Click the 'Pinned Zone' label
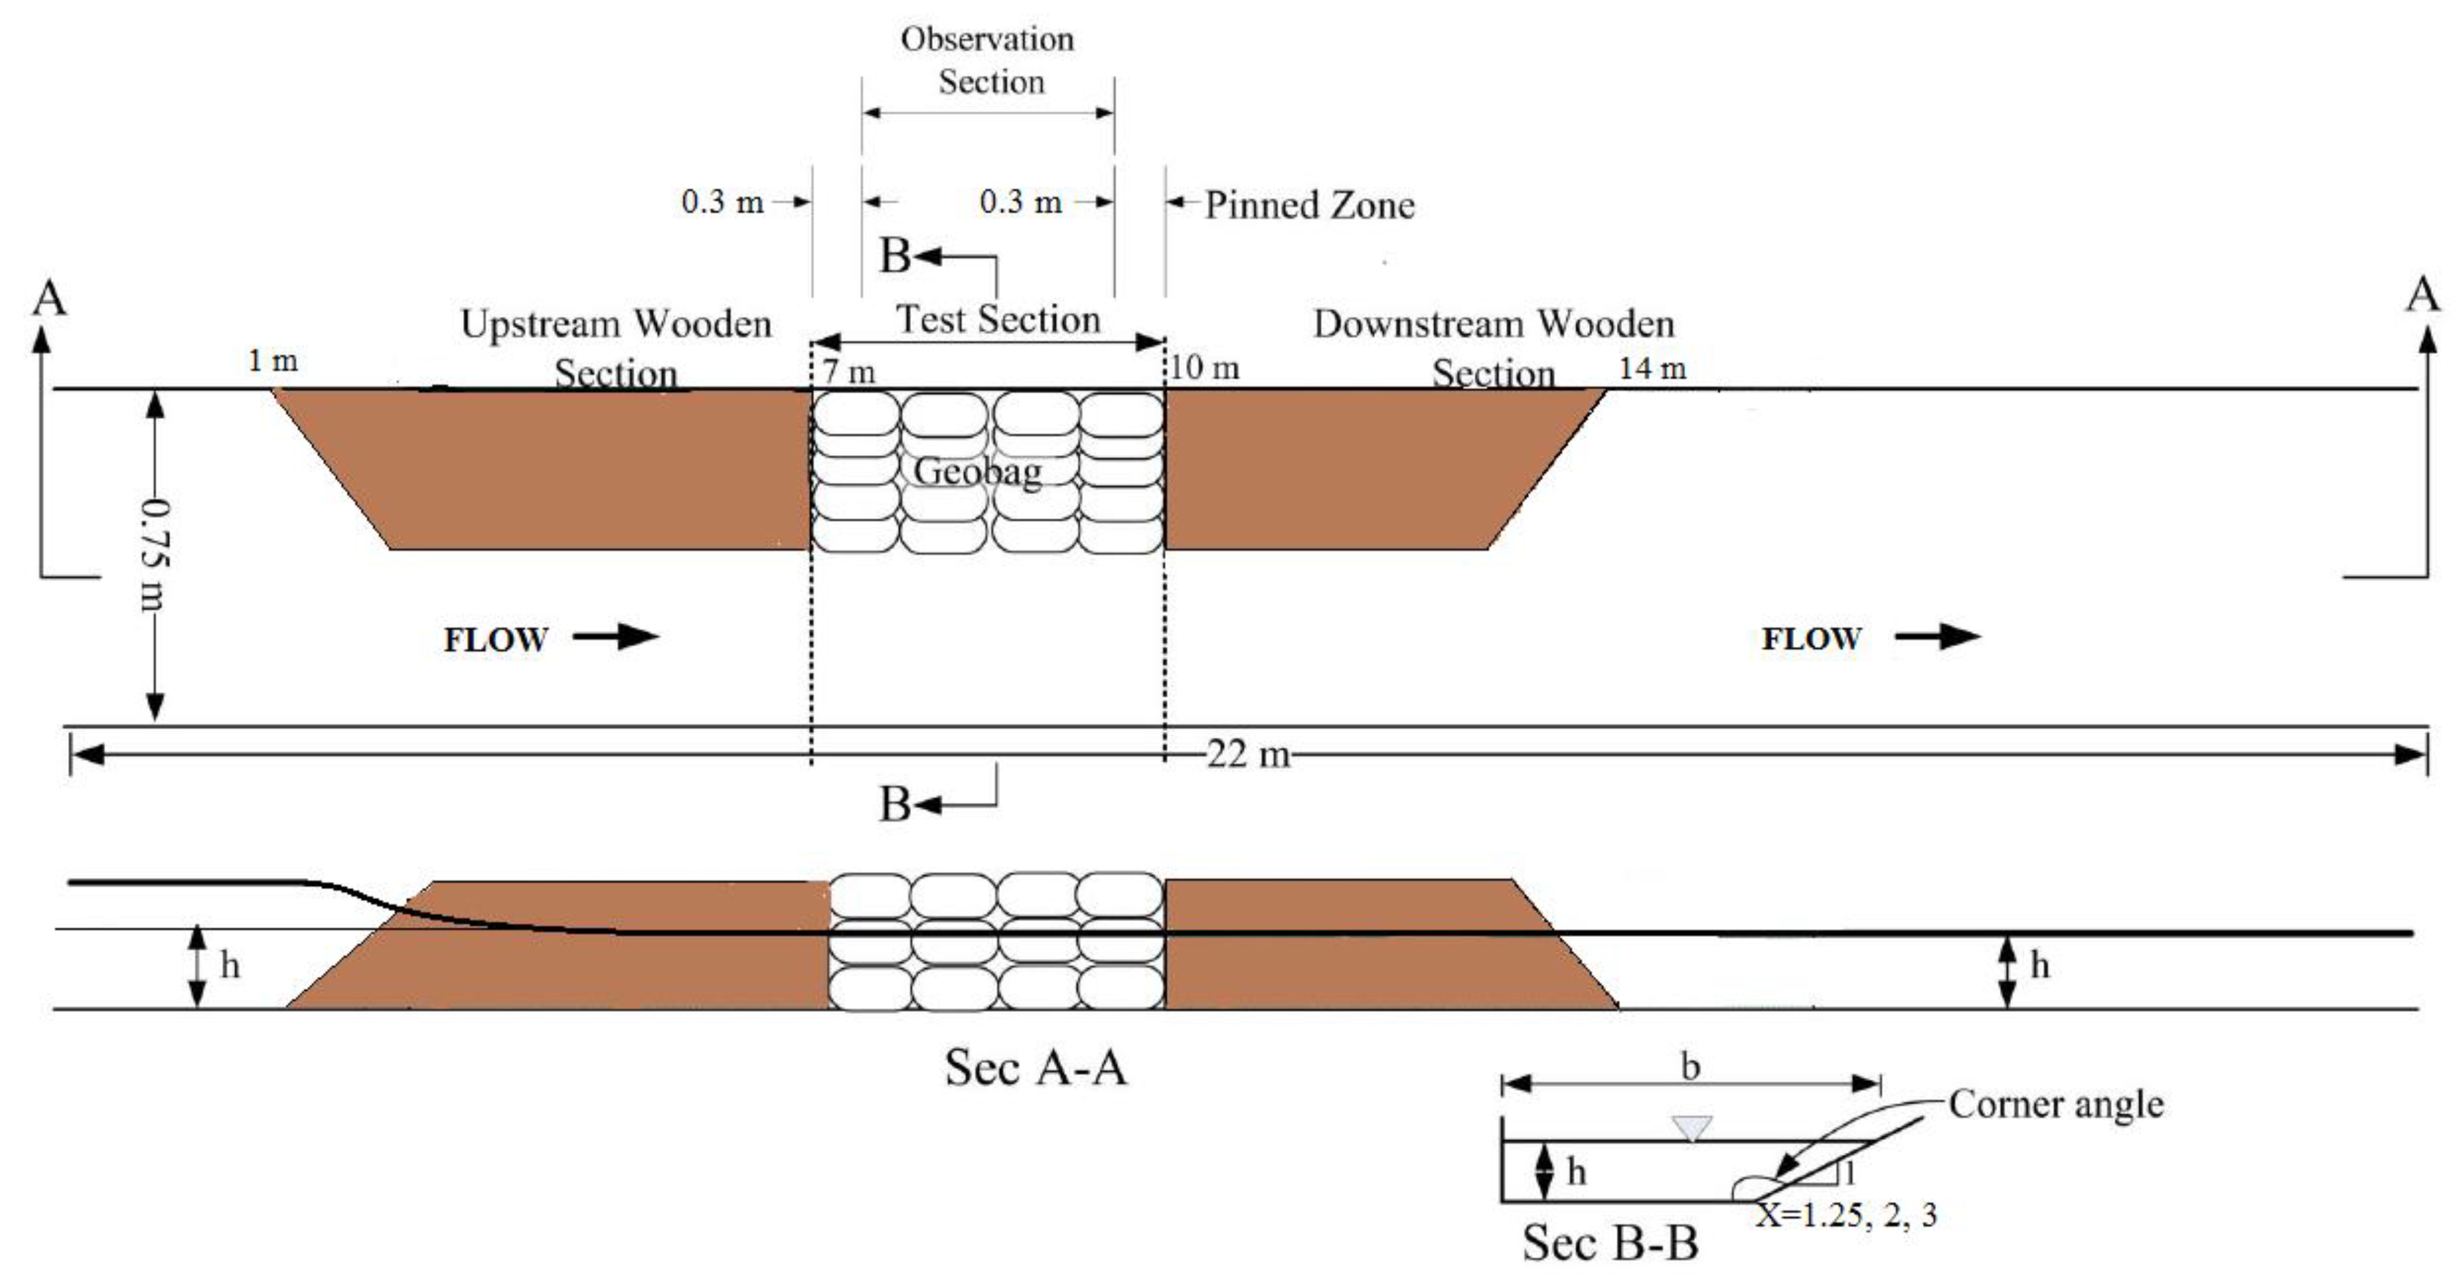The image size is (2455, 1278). [x=1309, y=205]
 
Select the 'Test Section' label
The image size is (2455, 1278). [x=998, y=319]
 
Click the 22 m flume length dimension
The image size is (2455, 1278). [x=1247, y=755]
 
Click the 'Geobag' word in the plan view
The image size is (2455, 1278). [x=977, y=472]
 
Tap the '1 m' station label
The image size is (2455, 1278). [x=272, y=361]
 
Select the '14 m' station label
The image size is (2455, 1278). [x=1652, y=368]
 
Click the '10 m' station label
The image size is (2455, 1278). [x=1205, y=368]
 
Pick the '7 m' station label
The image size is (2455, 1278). [x=849, y=371]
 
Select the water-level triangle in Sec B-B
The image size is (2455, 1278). [x=1692, y=1128]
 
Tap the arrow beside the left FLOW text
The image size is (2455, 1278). [x=617, y=637]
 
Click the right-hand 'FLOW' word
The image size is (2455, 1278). [x=1811, y=639]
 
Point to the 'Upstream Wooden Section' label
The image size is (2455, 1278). [x=615, y=348]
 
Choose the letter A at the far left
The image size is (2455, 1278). [x=49, y=298]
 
